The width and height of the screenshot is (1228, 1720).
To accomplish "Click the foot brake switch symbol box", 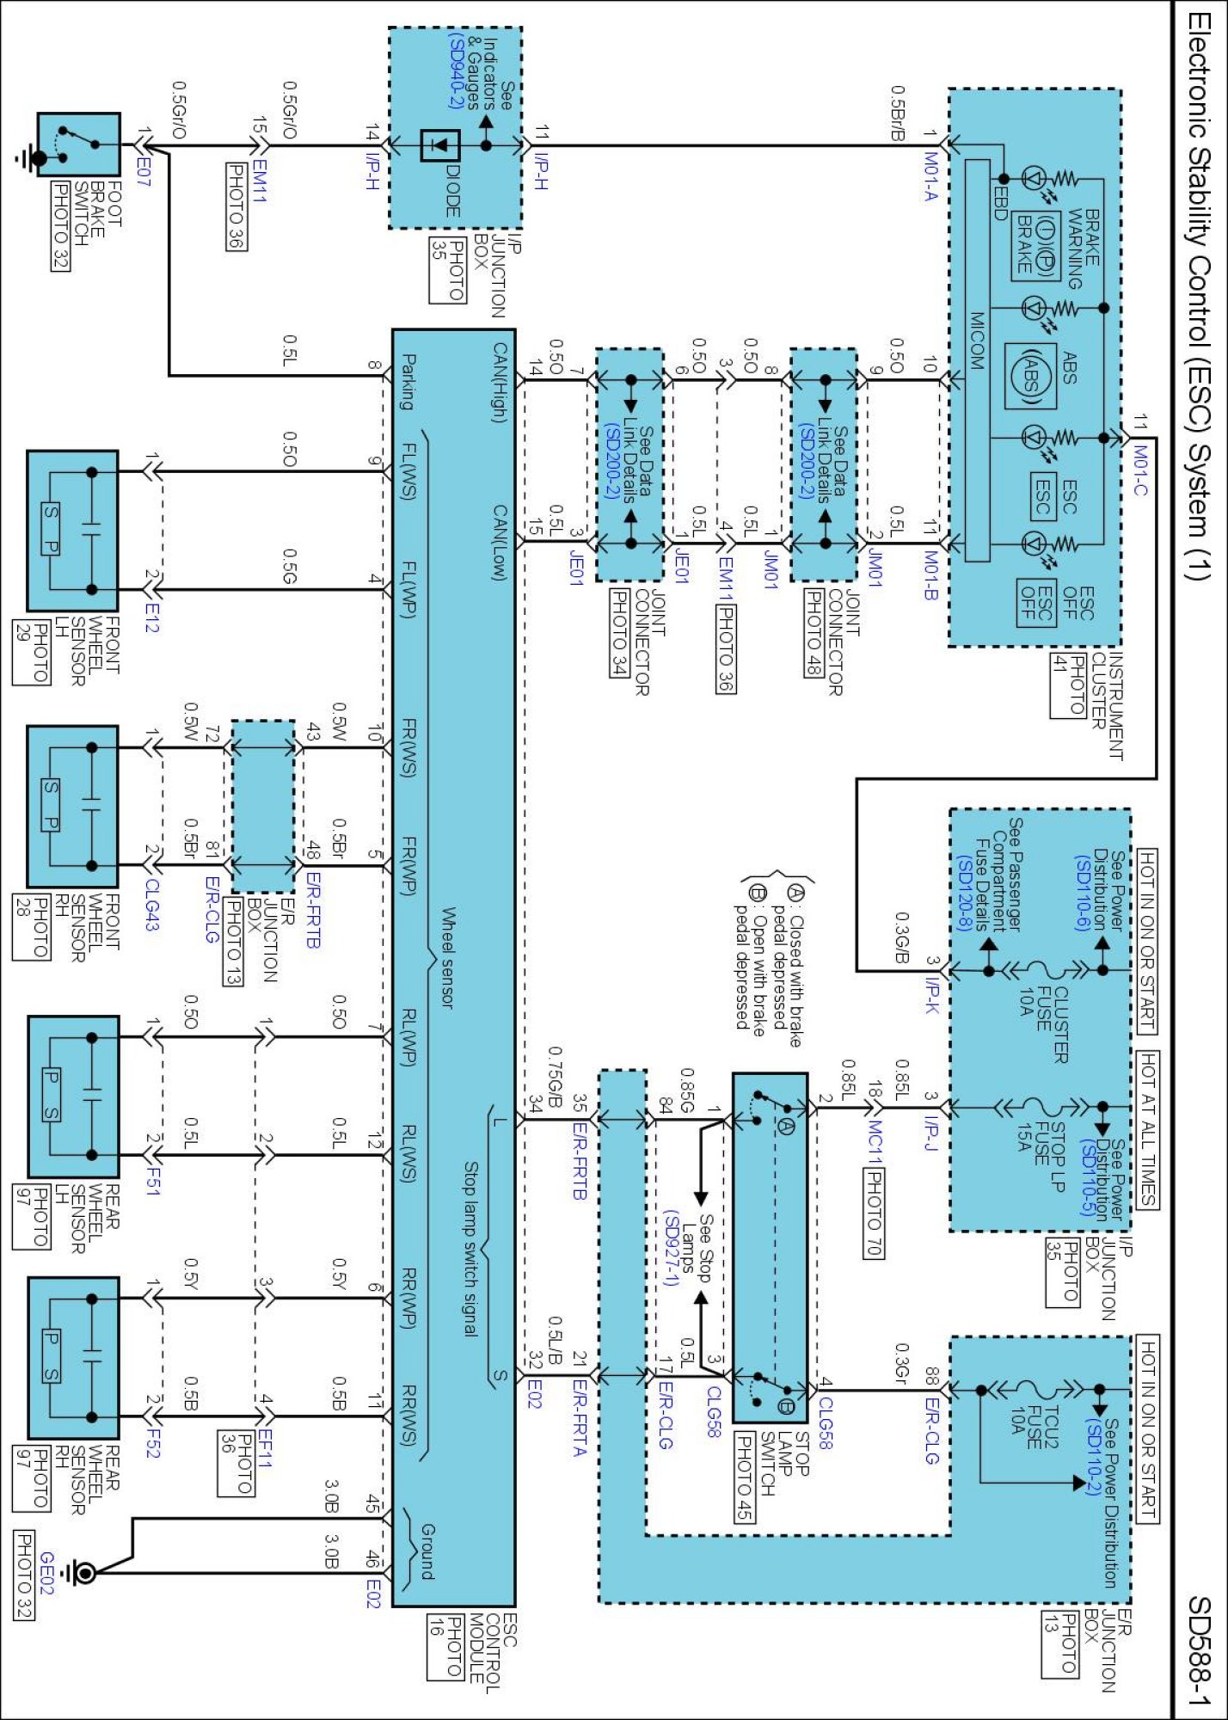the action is click(x=77, y=144).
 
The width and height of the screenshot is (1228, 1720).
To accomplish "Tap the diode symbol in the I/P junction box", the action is click(x=439, y=145).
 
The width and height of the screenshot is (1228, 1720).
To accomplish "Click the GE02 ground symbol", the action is click(x=83, y=1574).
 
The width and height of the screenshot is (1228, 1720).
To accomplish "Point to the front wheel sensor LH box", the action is click(x=72, y=530).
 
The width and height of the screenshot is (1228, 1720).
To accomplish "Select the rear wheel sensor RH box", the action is click(x=73, y=1356).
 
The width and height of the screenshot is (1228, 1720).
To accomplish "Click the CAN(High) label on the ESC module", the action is click(x=500, y=383).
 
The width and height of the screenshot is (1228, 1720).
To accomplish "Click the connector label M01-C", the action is click(x=1140, y=470).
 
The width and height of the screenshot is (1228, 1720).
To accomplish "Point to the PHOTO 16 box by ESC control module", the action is click(x=445, y=1647).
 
